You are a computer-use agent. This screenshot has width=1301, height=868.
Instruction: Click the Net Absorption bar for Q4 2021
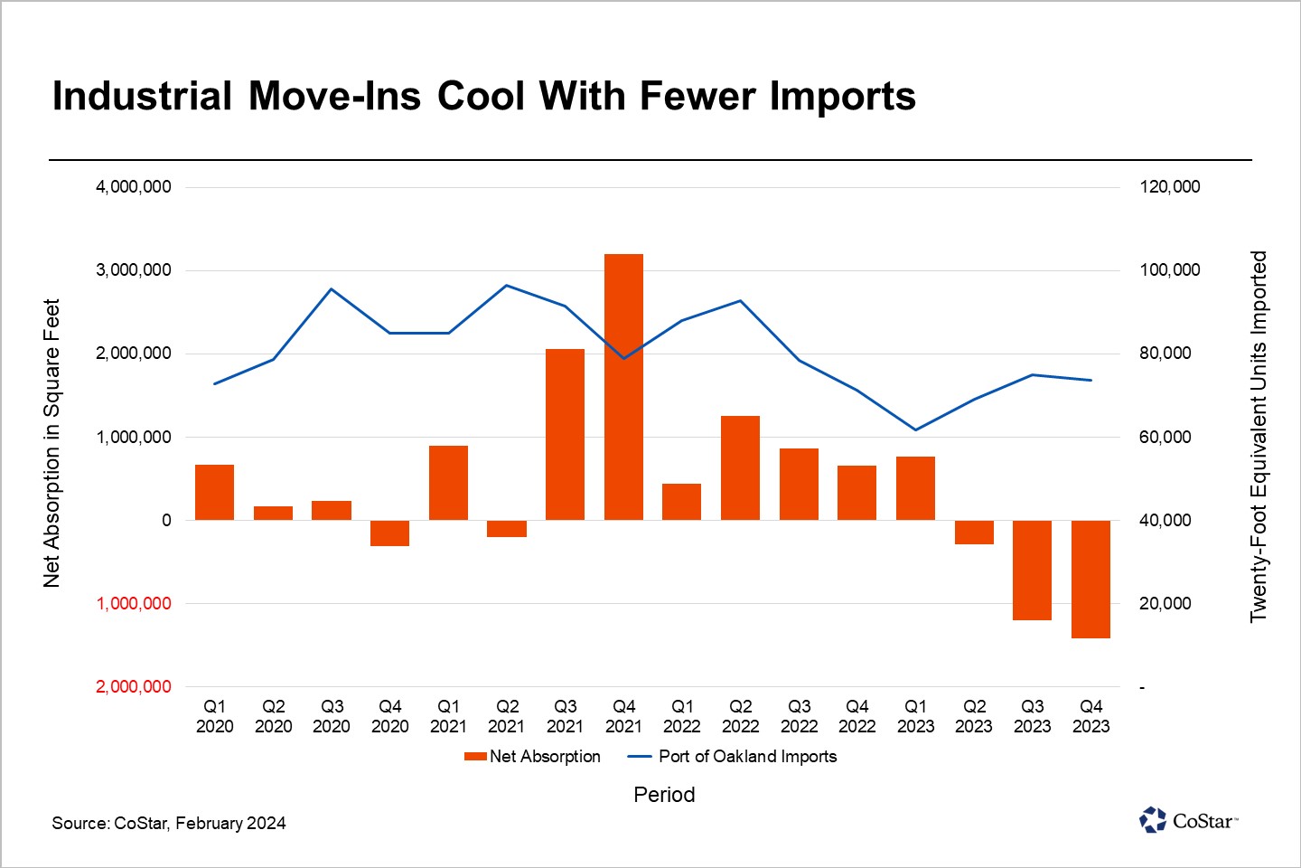pos(623,387)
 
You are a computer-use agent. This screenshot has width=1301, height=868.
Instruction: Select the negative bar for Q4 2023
pos(1090,579)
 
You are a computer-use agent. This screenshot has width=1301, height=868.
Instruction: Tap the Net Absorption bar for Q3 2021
pos(566,434)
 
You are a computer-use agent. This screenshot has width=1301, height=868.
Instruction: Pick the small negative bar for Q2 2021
pos(507,529)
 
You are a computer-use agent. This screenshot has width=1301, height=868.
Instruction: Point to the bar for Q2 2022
pos(740,467)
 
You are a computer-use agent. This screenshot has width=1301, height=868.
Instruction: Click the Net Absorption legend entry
pos(533,757)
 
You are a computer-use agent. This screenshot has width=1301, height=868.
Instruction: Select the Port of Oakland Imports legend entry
pos(733,757)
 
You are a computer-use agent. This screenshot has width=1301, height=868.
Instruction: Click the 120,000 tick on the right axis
pos(1169,187)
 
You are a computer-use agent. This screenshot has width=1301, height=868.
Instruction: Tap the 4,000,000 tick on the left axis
pos(134,187)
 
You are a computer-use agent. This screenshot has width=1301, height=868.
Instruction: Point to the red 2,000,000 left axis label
pos(134,687)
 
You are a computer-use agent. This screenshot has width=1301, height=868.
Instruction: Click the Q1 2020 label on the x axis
pos(215,716)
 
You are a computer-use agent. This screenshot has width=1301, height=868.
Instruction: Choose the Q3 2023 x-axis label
pos(1033,716)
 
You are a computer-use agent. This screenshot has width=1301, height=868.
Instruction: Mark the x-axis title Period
pos(664,795)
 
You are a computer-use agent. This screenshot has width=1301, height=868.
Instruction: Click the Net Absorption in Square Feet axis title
pos(52,443)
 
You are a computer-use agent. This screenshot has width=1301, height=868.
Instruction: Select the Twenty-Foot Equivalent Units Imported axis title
pos(1259,437)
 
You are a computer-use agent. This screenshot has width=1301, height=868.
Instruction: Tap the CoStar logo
pos(1188,820)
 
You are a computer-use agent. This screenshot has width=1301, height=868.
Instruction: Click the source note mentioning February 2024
pos(169,823)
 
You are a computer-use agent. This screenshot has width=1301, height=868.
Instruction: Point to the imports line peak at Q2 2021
pos(507,286)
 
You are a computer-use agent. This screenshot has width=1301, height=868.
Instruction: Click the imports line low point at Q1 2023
pos(916,429)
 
